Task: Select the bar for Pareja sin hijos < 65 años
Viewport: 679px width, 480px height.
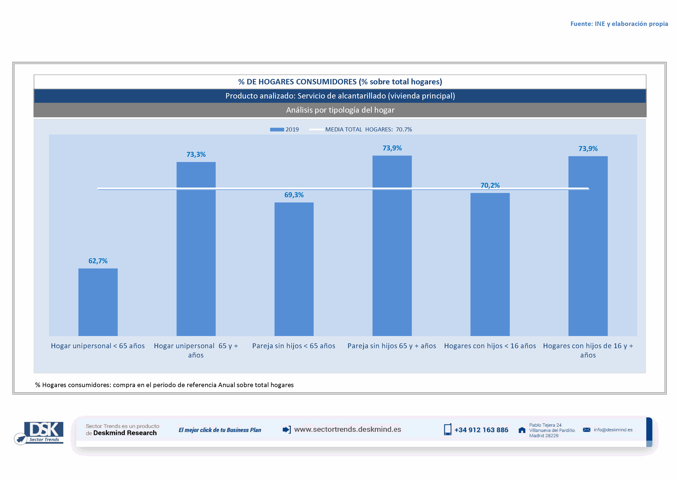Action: pos(294,269)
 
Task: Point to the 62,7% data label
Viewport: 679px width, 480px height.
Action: pos(98,261)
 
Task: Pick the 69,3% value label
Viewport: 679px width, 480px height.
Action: pos(294,195)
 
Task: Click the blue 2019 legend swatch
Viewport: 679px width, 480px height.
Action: pos(277,129)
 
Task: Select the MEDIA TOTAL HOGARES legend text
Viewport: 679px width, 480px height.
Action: pos(368,129)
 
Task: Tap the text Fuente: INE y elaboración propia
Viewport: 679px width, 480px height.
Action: pos(619,24)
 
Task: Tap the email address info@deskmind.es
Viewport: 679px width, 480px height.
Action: pos(613,430)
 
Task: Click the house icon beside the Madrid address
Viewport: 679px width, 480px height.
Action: pos(522,430)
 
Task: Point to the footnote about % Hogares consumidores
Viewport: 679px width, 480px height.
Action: pos(164,385)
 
